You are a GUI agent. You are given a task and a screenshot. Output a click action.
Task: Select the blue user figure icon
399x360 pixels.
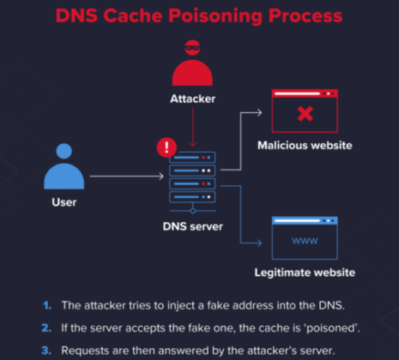65,167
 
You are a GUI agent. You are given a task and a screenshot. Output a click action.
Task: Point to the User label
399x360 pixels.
64,202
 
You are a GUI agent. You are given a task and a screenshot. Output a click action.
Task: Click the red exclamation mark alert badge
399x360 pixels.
166,147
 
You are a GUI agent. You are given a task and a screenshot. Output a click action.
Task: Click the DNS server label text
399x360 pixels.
192,226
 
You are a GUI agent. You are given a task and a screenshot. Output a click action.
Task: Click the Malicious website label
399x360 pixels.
305,145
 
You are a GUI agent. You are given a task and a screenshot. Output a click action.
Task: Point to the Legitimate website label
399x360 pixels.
305,273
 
